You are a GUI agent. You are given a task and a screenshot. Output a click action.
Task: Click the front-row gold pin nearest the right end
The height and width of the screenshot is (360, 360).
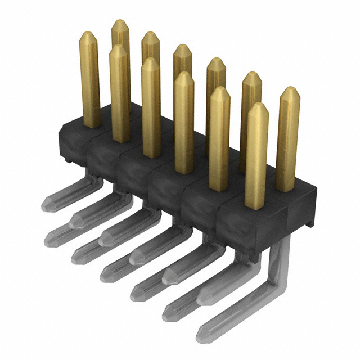click(257, 157)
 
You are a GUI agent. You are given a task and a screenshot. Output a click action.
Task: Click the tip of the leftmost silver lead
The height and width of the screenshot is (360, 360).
click(46, 206)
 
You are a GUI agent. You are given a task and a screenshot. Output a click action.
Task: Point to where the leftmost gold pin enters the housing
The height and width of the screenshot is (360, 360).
click(92, 124)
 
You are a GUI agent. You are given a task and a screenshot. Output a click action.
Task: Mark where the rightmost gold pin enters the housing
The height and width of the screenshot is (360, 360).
click(286, 189)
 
